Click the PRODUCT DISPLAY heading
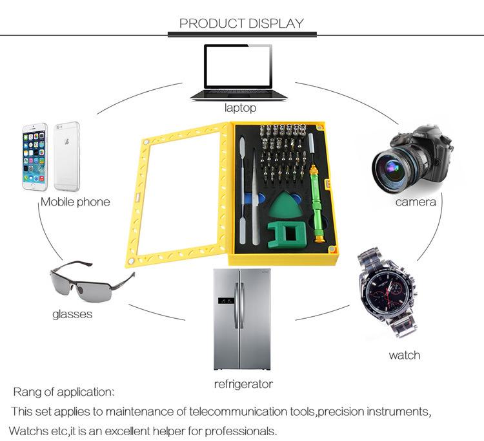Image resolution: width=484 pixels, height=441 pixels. click(x=242, y=23)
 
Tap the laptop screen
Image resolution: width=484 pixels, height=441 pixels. click(x=238, y=67)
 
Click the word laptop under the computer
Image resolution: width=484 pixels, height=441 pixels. click(x=240, y=108)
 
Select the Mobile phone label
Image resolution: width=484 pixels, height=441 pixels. click(x=76, y=202)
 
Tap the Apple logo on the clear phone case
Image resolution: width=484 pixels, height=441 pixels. click(x=66, y=142)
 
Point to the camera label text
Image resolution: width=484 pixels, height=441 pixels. click(x=416, y=202)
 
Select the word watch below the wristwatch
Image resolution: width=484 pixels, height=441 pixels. click(x=405, y=355)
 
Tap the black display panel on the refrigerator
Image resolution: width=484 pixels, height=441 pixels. click(x=226, y=300)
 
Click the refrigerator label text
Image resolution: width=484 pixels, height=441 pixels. click(x=243, y=384)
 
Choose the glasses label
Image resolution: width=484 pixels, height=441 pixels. click(x=72, y=314)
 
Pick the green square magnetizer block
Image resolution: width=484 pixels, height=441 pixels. click(x=287, y=235)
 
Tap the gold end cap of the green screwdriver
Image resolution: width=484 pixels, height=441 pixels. click(x=319, y=239)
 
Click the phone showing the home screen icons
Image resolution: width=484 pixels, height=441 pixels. click(x=35, y=156)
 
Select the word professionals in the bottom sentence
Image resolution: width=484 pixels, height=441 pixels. click(x=240, y=431)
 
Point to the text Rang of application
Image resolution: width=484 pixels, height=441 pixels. click(x=64, y=392)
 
